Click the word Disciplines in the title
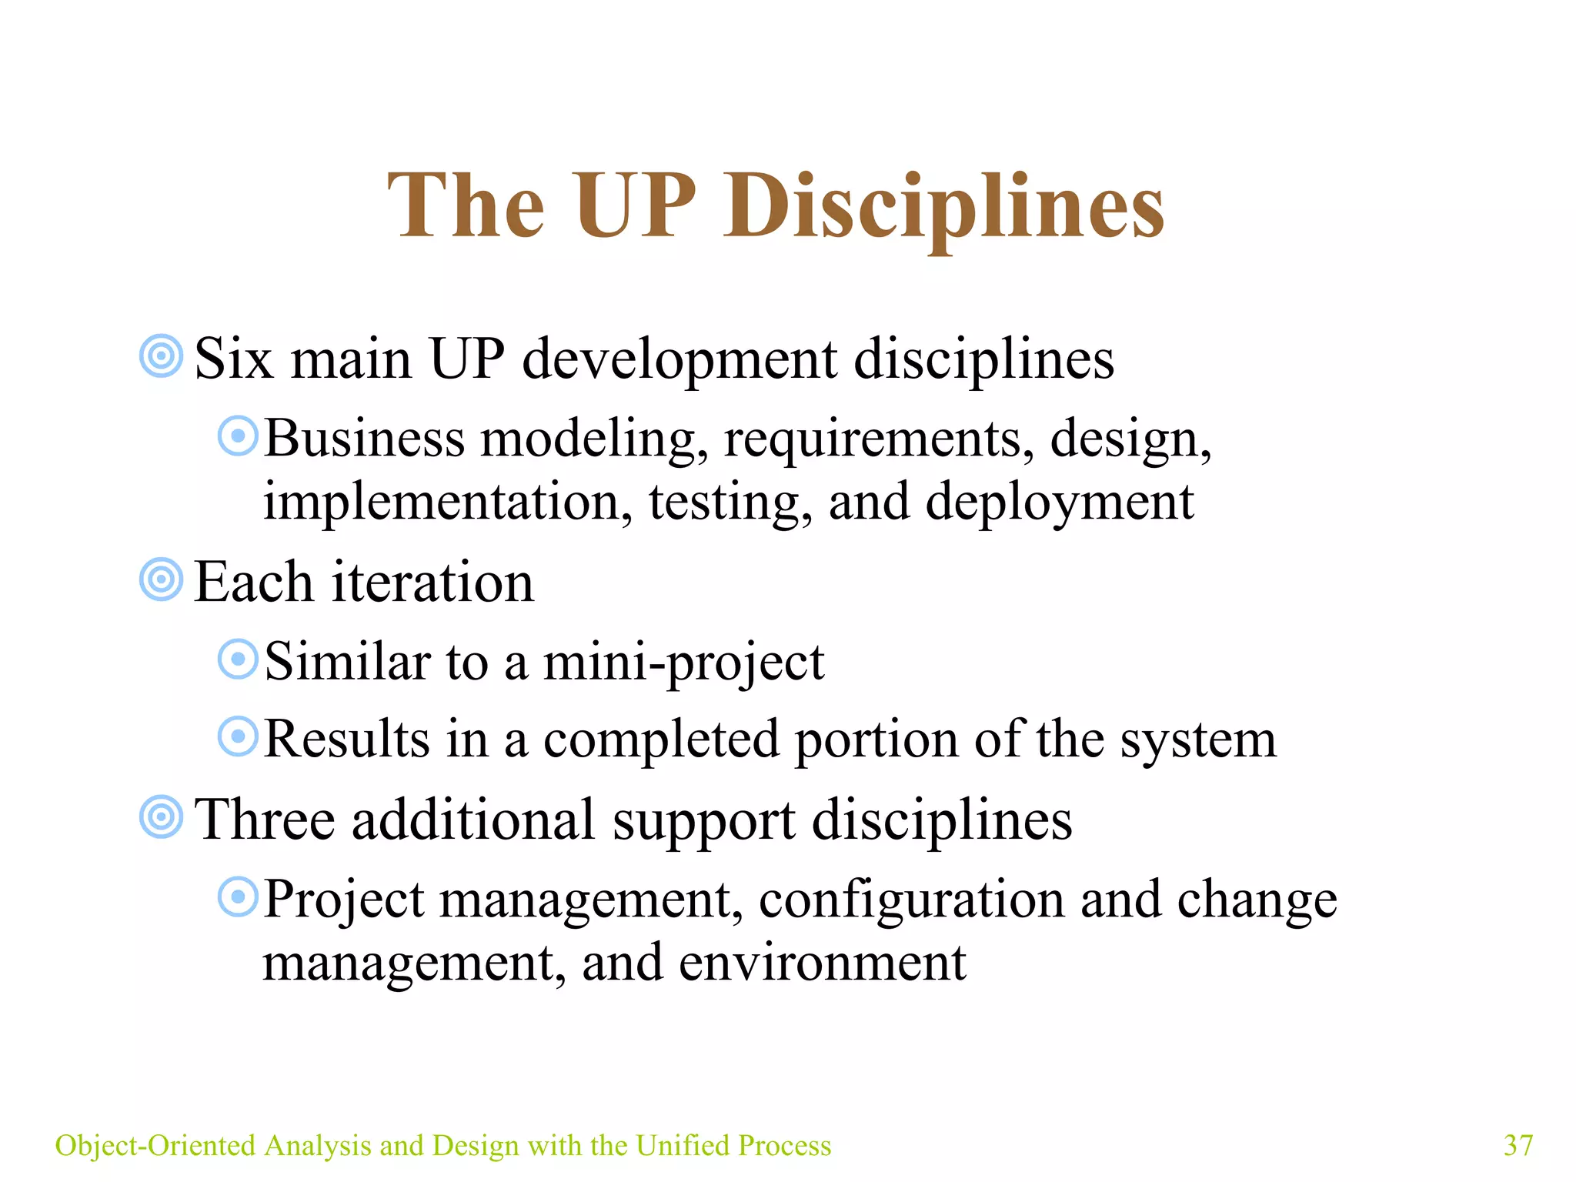pyautogui.click(x=943, y=206)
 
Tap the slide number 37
pyautogui.click(x=1518, y=1145)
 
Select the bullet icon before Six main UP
pyautogui.click(x=162, y=356)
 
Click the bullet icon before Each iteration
pyautogui.click(x=162, y=579)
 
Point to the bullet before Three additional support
pyautogui.click(x=162, y=816)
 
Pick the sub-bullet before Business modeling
pyautogui.click(x=238, y=436)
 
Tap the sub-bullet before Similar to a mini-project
pyautogui.click(x=238, y=659)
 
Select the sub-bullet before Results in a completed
pyautogui.click(x=238, y=737)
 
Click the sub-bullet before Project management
pyautogui.click(x=238, y=897)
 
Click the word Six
pyautogui.click(x=234, y=359)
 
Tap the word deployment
pyautogui.click(x=1059, y=503)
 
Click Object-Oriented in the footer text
pyautogui.click(x=155, y=1145)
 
